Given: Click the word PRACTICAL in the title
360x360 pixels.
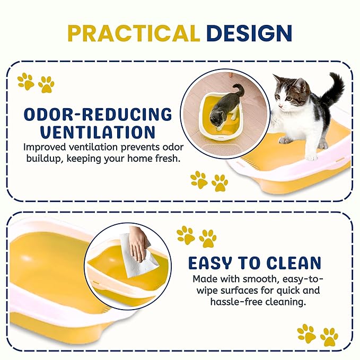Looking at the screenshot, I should [x=133, y=33].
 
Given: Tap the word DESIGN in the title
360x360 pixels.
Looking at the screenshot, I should [x=249, y=33].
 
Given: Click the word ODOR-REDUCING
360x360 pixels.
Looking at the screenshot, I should [x=98, y=113].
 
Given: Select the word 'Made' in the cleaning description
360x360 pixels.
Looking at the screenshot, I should [x=204, y=279].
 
